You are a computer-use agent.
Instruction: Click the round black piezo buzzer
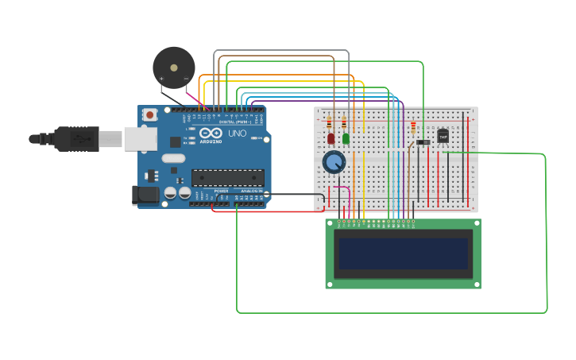(174, 66)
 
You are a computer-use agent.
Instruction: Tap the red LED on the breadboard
(331, 138)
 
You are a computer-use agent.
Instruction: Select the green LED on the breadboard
(346, 138)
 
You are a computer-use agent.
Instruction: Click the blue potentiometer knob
(334, 163)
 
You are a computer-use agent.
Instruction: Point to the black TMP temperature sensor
(443, 136)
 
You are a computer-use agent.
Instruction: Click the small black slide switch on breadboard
(423, 142)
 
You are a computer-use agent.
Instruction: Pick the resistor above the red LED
(330, 123)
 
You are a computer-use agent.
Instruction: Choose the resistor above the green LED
(343, 123)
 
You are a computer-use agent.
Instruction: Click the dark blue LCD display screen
(402, 254)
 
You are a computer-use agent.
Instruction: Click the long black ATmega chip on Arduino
(228, 178)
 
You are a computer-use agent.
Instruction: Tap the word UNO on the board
(237, 134)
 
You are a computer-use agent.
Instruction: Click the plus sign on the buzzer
(162, 79)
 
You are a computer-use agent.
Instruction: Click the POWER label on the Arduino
(221, 191)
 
